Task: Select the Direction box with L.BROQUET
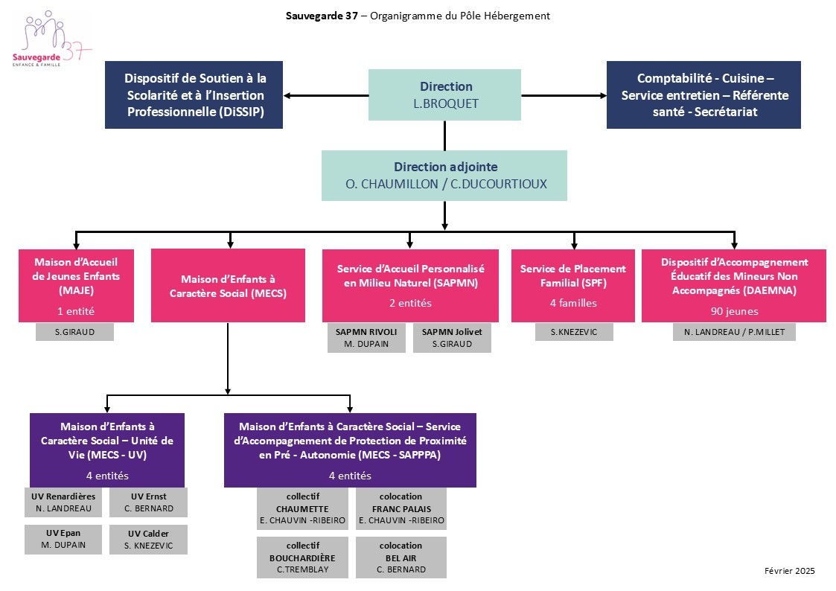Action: tap(444, 95)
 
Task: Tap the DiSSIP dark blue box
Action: tap(194, 95)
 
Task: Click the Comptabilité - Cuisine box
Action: tap(703, 95)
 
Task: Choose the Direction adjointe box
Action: tap(444, 176)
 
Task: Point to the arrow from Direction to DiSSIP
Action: tap(326, 96)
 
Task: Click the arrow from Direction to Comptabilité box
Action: tap(564, 96)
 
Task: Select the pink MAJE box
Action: tap(76, 286)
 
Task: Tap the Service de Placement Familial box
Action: tap(573, 286)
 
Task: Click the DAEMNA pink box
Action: tap(733, 286)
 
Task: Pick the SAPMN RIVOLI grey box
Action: tap(366, 338)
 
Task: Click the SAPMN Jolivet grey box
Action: tap(452, 338)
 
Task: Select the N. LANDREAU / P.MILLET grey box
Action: tap(734, 332)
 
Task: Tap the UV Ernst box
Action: tap(149, 502)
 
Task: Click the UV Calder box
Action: tap(149, 540)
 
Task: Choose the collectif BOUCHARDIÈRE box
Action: tap(302, 558)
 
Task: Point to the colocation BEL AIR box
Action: tap(401, 558)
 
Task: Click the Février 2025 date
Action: tap(790, 571)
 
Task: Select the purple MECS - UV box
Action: tap(107, 450)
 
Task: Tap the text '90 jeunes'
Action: tap(734, 311)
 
